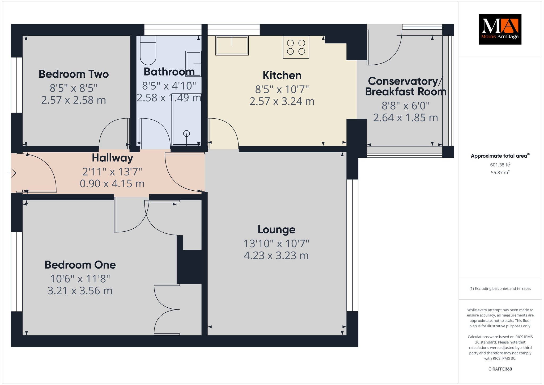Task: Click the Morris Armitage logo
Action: [x=500, y=29]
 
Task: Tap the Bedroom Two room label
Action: [x=74, y=74]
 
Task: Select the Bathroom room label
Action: [x=169, y=72]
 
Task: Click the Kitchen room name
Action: [x=282, y=75]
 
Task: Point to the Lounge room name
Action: [x=277, y=230]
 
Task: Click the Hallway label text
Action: [x=112, y=158]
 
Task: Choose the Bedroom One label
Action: [x=80, y=265]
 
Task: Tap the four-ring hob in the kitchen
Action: [x=296, y=47]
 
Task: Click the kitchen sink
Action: [x=232, y=45]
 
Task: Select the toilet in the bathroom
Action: [x=148, y=50]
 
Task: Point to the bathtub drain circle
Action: [x=186, y=133]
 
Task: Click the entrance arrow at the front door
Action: [x=11, y=173]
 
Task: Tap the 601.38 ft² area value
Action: [x=500, y=165]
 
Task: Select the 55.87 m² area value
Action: [x=500, y=173]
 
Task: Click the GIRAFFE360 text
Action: [x=500, y=369]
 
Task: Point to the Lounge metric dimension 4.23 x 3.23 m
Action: [x=276, y=256]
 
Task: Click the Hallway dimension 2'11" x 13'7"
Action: [x=112, y=172]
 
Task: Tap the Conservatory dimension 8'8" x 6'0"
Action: [x=406, y=106]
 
